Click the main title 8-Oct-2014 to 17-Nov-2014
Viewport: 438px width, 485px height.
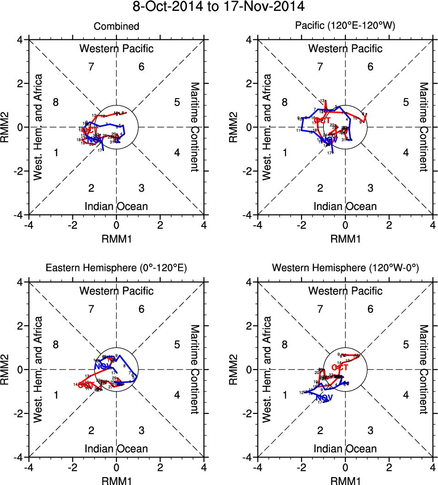pyautogui.click(x=219, y=7)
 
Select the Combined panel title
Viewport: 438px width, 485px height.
pyautogui.click(x=116, y=27)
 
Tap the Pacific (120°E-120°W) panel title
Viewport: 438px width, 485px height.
pyautogui.click(x=345, y=27)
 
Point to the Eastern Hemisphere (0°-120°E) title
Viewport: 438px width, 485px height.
pyautogui.click(x=116, y=269)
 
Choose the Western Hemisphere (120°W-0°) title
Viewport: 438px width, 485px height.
pyautogui.click(x=345, y=269)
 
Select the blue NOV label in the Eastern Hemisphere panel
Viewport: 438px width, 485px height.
pyautogui.click(x=102, y=366)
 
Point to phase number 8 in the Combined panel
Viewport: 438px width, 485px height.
pyautogui.click(x=55, y=102)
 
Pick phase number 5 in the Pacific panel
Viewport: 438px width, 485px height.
pyautogui.click(x=405, y=102)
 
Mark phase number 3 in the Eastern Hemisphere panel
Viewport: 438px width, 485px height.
pyautogui.click(x=142, y=430)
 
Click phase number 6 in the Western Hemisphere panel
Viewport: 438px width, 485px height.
pyautogui.click(x=370, y=309)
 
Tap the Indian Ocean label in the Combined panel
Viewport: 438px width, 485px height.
pyautogui.click(x=116, y=206)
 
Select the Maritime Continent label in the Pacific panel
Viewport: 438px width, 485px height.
pyautogui.click(x=423, y=127)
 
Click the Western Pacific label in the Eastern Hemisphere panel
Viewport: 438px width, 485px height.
pyautogui.click(x=116, y=291)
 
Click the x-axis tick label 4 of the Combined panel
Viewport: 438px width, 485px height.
pyautogui.click(x=204, y=225)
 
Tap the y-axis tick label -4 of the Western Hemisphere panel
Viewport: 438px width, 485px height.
pyautogui.click(x=249, y=457)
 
